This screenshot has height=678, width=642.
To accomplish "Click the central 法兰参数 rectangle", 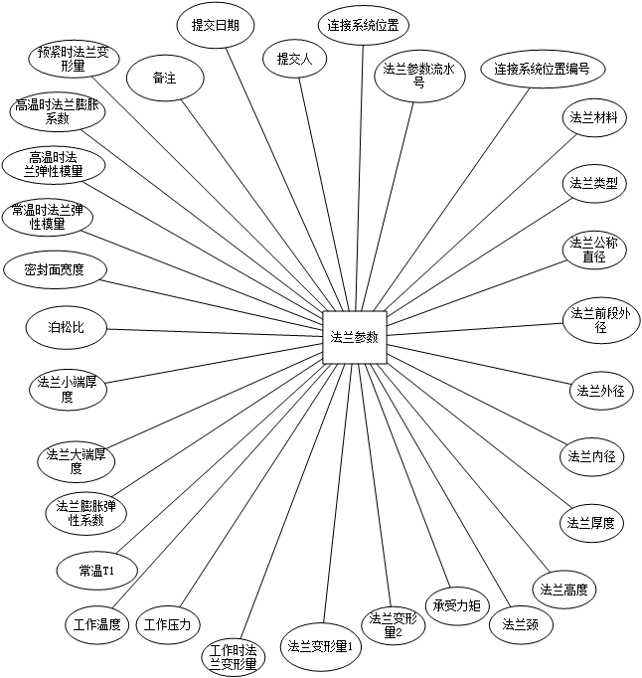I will (354, 337).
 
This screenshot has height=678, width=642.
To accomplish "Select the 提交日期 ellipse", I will (216, 26).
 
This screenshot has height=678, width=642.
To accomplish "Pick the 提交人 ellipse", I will (294, 59).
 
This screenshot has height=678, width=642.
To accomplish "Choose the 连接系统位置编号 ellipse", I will (543, 70).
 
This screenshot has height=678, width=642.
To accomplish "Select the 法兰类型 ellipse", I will (593, 183).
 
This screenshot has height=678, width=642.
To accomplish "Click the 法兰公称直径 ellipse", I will (593, 250).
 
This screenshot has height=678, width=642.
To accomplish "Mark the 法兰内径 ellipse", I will (592, 457).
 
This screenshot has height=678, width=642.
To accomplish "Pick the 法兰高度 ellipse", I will (563, 590).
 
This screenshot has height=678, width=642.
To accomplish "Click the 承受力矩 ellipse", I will (457, 605).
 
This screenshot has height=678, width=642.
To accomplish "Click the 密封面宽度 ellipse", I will (54, 269).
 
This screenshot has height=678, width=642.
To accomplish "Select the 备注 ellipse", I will (165, 78).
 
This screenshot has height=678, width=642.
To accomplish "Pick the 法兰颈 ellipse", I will (521, 624).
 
